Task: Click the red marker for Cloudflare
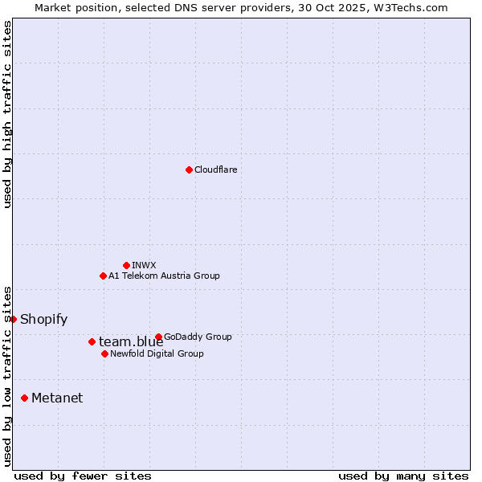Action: pos(189,170)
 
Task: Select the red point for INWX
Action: pos(126,265)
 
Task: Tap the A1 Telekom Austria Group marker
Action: pos(103,276)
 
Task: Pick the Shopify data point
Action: pos(13,319)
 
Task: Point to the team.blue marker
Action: pos(92,341)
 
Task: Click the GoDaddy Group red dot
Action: pos(158,337)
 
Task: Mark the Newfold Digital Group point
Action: pos(104,353)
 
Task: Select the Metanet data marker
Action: pos(24,398)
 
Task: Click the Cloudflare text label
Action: pos(215,170)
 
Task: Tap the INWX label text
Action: pos(144,265)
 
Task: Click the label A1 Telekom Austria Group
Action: pos(164,276)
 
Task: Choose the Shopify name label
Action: pos(43,319)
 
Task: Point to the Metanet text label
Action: pos(57,398)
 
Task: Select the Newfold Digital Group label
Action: pos(157,353)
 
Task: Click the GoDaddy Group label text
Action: pos(198,337)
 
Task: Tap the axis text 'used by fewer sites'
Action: pos(83,476)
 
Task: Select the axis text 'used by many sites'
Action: pos(403,476)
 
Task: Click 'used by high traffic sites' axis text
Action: pos(7,114)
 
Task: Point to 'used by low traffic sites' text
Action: pos(7,375)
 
